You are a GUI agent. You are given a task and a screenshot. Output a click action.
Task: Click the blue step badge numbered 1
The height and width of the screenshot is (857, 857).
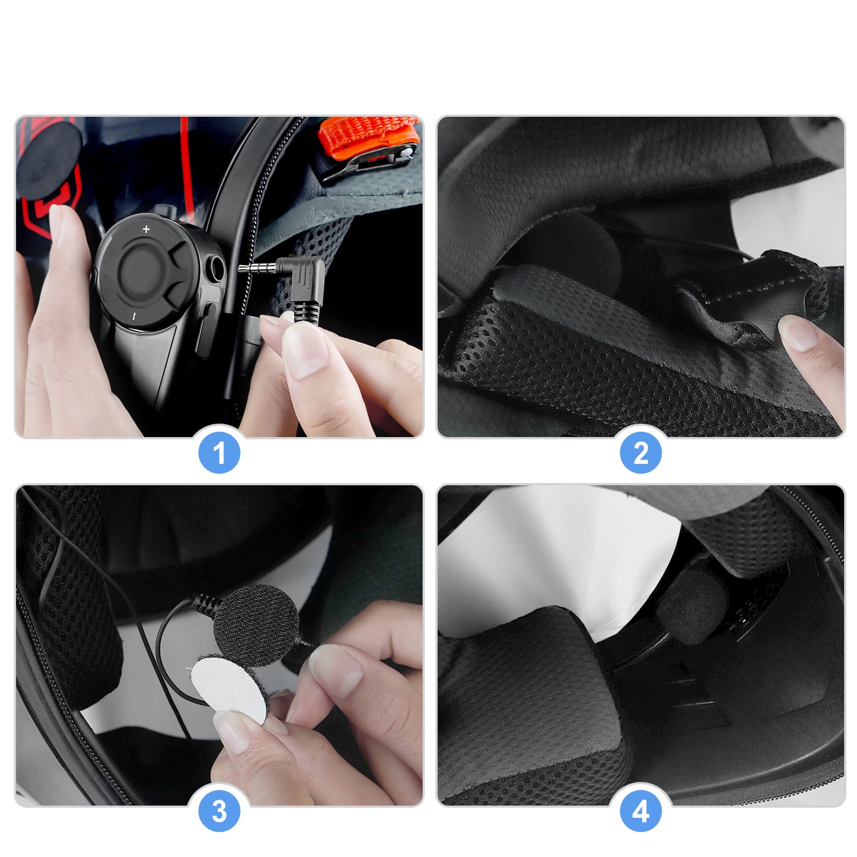[219, 453]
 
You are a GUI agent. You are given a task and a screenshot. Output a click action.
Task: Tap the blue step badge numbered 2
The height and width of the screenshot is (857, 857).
[641, 453]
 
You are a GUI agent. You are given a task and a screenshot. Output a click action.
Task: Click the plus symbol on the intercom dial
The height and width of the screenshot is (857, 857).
[146, 230]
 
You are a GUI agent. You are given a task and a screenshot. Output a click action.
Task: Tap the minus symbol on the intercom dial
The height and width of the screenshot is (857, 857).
[134, 316]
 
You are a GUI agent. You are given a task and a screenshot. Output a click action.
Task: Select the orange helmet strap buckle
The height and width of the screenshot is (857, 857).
[369, 138]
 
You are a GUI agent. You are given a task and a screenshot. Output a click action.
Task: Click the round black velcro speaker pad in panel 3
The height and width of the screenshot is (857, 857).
[256, 625]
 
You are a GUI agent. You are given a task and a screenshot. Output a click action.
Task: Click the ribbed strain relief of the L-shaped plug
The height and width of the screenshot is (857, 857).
[307, 310]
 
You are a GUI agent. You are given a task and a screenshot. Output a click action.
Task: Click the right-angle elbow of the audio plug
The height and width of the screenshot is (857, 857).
[302, 276]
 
